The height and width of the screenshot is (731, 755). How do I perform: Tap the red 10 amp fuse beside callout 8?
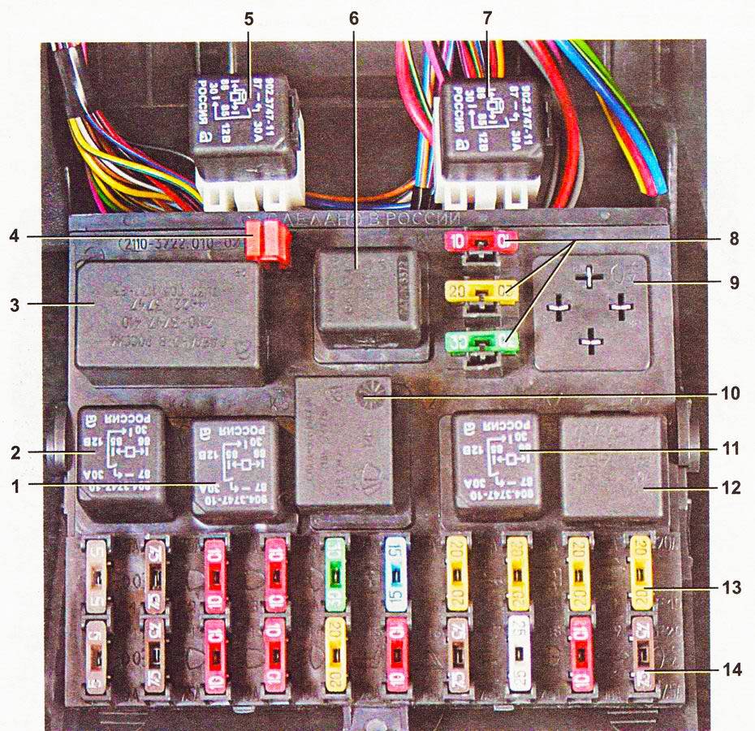(x=480, y=242)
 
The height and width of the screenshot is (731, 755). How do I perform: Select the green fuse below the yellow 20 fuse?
(x=480, y=341)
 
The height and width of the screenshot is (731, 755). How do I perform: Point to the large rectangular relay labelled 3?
(x=169, y=316)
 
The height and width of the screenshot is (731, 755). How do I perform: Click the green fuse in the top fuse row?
(x=334, y=573)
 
